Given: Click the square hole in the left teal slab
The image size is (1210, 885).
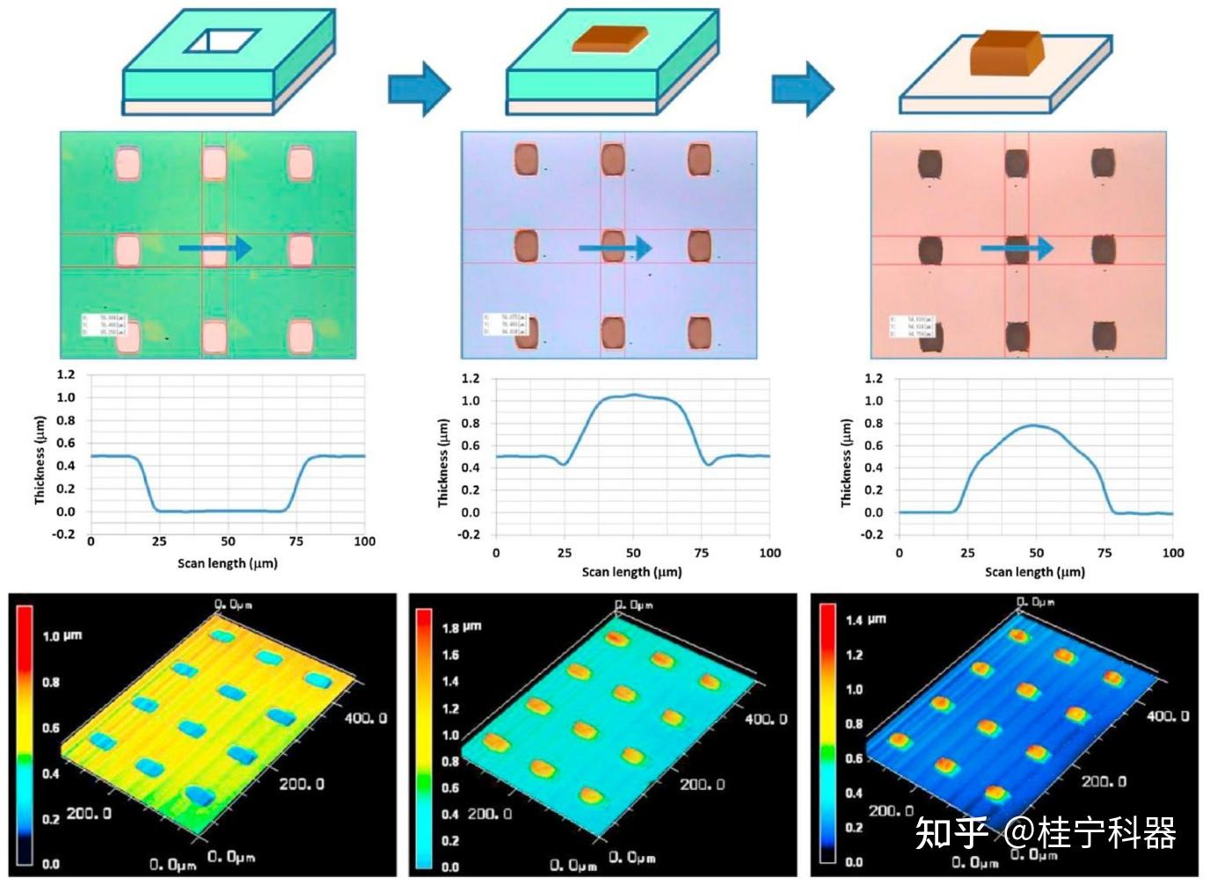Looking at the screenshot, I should (x=222, y=40).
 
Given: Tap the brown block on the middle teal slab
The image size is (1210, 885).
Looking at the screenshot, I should (x=609, y=39).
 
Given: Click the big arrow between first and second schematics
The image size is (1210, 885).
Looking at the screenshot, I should (x=419, y=88).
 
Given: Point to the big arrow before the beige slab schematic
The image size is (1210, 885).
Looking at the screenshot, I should (x=803, y=88).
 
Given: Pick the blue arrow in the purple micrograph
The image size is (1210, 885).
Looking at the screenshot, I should (x=615, y=248).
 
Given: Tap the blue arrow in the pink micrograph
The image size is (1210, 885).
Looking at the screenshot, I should (x=1017, y=249).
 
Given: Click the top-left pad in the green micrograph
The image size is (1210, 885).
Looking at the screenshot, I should (x=128, y=163).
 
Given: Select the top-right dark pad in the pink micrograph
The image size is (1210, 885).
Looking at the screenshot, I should (x=1103, y=163).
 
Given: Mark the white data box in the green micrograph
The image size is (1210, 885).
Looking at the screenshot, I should (x=104, y=324).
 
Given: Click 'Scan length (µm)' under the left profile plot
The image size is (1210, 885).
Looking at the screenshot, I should (x=227, y=563).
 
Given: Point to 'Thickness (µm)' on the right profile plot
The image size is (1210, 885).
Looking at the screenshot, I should (x=846, y=463).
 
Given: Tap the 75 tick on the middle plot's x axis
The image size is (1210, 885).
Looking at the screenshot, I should (x=701, y=552).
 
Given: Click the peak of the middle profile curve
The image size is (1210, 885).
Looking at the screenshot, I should (x=634, y=395).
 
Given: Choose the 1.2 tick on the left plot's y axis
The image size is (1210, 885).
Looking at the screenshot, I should (x=66, y=375).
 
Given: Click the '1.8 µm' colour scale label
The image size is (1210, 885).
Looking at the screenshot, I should (x=462, y=627).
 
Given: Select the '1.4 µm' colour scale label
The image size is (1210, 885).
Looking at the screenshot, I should (x=865, y=619).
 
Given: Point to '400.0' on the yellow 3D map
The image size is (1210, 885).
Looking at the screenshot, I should (x=365, y=718).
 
